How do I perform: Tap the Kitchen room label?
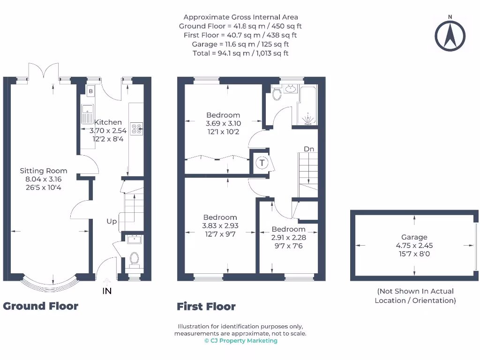pyautogui.click(x=108, y=122)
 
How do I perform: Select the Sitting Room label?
pyautogui.click(x=44, y=171)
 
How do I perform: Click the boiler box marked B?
pyautogui.click(x=90, y=91)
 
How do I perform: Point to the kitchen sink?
pyautogui.click(x=87, y=114)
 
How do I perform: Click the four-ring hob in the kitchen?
pyautogui.click(x=137, y=128)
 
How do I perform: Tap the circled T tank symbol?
pyautogui.click(x=262, y=163)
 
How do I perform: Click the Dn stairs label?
pyautogui.click(x=308, y=149)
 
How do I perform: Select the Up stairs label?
pyautogui.click(x=111, y=221)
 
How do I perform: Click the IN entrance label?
pyautogui.click(x=107, y=291)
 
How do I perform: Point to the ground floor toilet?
pyautogui.click(x=135, y=258)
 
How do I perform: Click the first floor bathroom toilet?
pyautogui.click(x=277, y=95)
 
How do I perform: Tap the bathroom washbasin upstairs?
pyautogui.click(x=291, y=88)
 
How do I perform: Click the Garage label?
pyautogui.click(x=414, y=237)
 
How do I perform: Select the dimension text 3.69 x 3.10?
pyautogui.click(x=223, y=123)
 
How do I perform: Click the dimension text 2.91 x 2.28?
pyautogui.click(x=289, y=237)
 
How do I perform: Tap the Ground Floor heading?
pyautogui.click(x=41, y=306)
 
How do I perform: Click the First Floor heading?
pyautogui.click(x=206, y=307)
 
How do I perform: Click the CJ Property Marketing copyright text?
pyautogui.click(x=240, y=341)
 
